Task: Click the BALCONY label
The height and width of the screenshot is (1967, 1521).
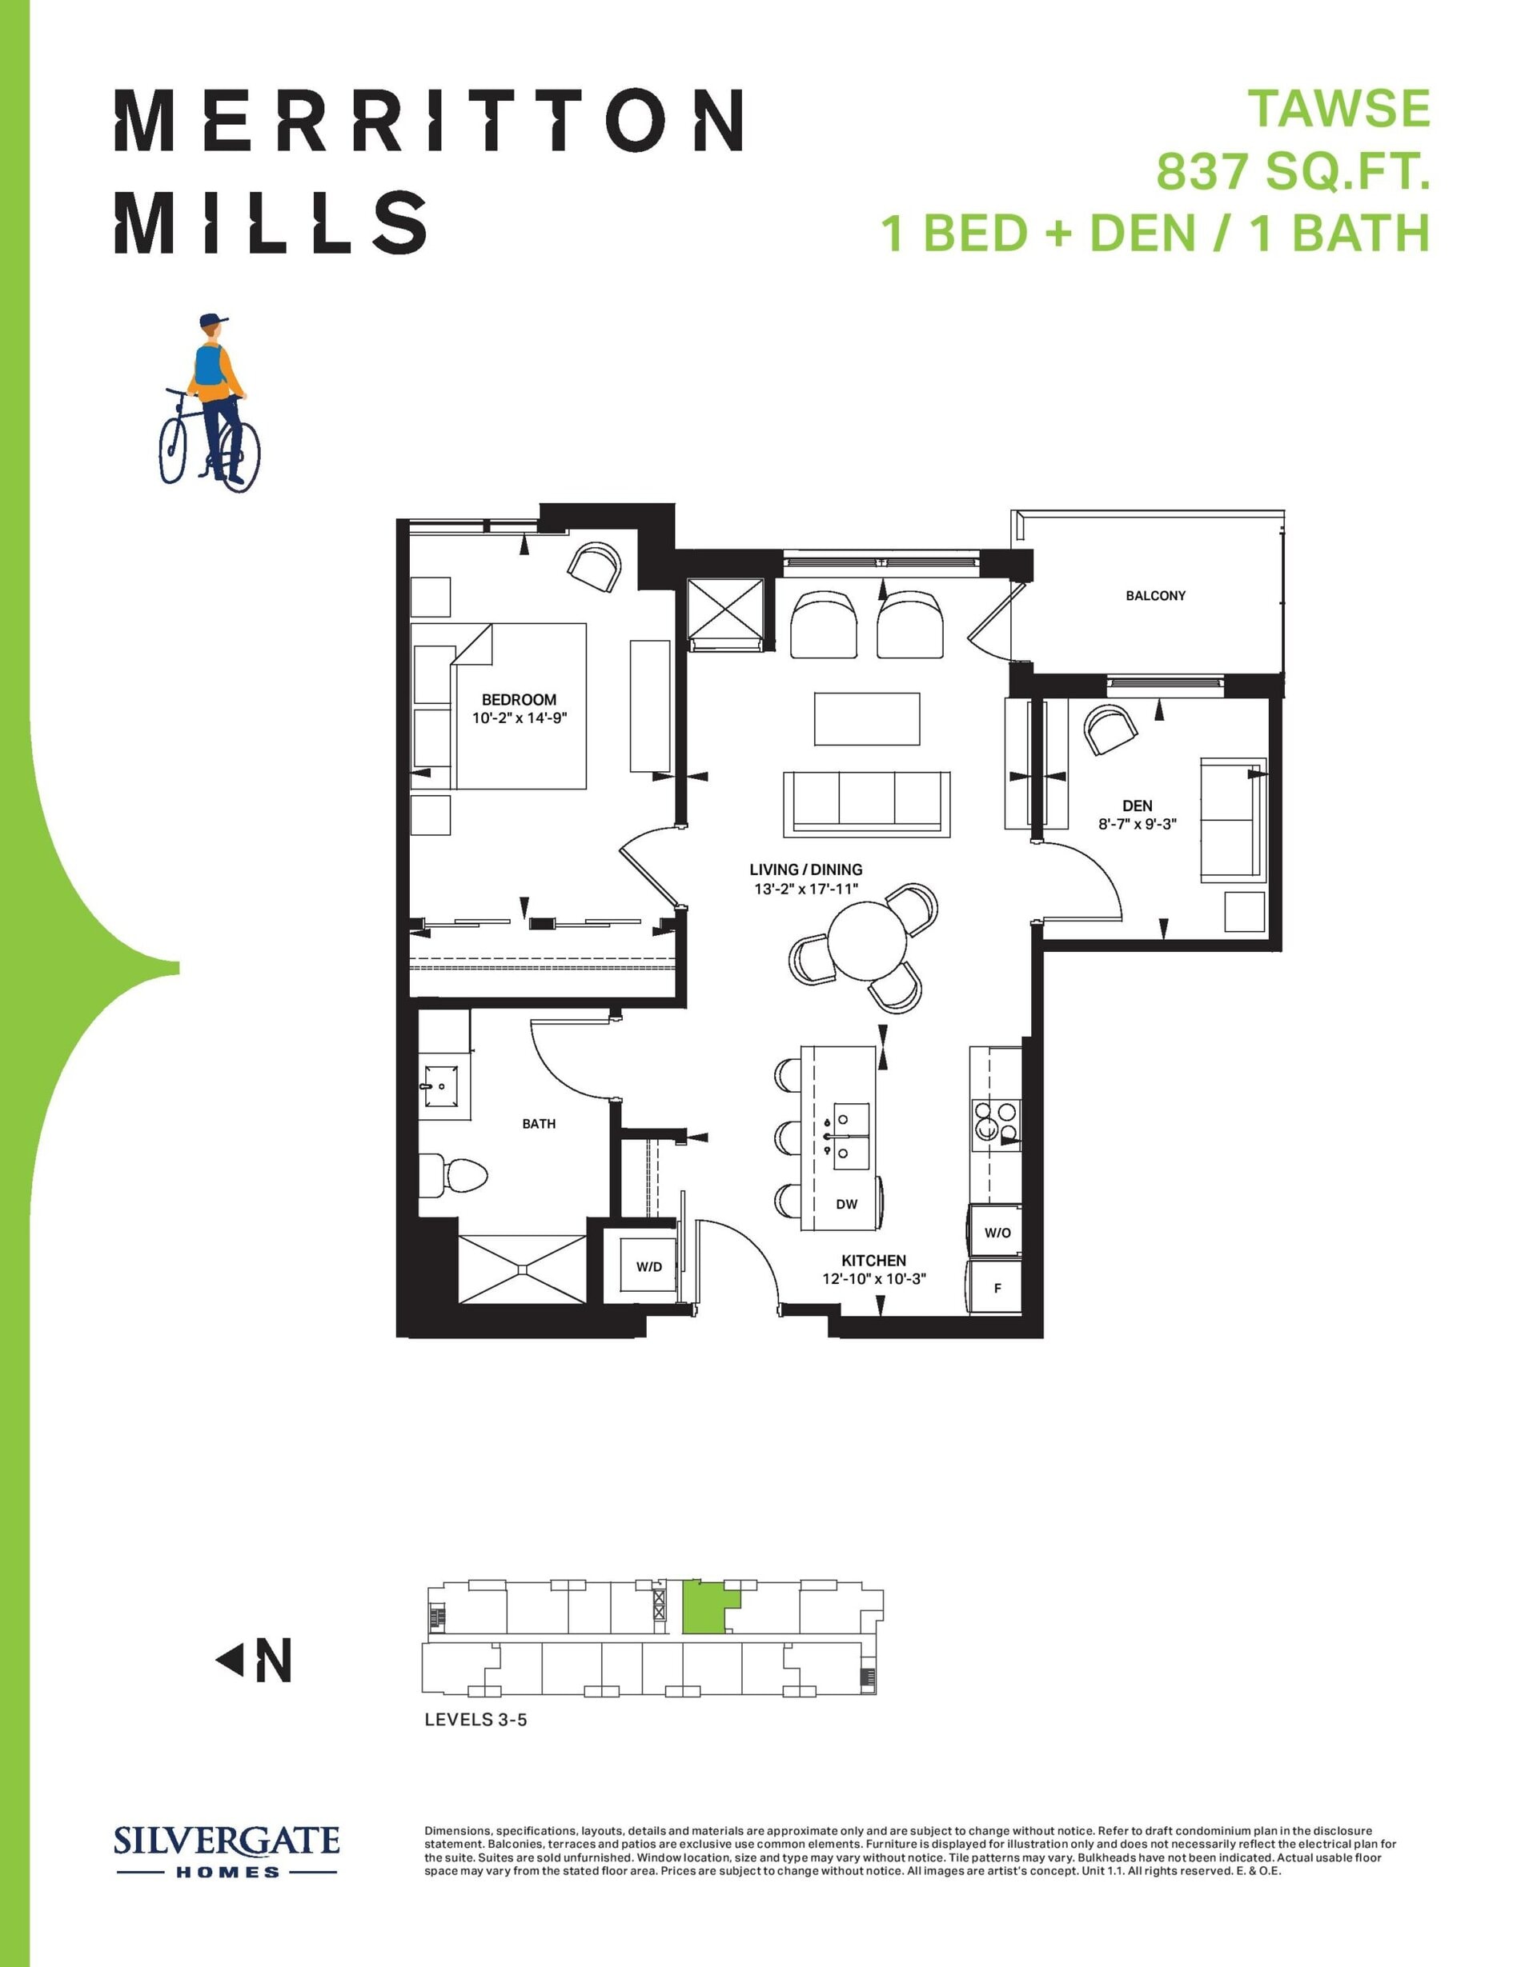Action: click(1155, 595)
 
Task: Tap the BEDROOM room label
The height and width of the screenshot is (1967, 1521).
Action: click(518, 699)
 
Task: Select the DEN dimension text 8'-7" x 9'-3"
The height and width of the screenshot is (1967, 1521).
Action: click(1137, 823)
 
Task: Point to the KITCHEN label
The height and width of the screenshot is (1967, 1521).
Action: click(873, 1260)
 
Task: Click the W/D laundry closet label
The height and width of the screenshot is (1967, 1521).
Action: click(648, 1266)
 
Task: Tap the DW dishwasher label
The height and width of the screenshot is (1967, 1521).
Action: click(846, 1203)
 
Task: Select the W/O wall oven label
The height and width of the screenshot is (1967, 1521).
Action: click(997, 1232)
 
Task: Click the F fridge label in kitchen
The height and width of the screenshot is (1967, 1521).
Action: click(997, 1288)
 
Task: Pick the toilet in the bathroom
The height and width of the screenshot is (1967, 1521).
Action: click(452, 1174)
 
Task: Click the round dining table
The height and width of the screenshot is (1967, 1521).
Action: click(867, 940)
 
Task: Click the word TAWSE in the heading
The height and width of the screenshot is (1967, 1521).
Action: click(1339, 109)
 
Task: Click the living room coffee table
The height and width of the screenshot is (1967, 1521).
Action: click(867, 718)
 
